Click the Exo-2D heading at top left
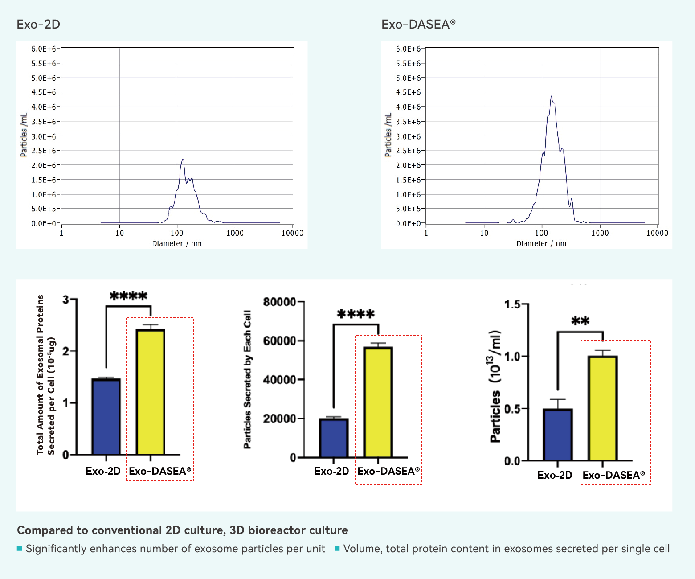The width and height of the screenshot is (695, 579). click(38, 24)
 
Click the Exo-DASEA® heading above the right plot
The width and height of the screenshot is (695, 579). click(418, 24)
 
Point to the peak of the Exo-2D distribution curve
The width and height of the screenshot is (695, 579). click(183, 160)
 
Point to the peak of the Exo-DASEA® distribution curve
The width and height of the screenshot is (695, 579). click(552, 96)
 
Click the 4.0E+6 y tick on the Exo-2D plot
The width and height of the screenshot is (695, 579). click(43, 107)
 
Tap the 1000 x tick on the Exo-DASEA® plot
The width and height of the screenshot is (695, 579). click(600, 233)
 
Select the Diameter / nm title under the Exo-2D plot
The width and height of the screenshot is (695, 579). click(177, 243)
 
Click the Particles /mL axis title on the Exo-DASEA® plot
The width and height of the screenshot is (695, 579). click(388, 135)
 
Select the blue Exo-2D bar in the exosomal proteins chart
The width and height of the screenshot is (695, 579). click(106, 417)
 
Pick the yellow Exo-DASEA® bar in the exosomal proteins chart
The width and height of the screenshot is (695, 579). click(151, 392)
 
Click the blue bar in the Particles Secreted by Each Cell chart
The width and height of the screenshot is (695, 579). click(334, 438)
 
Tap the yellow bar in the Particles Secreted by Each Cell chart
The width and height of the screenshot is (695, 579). click(378, 402)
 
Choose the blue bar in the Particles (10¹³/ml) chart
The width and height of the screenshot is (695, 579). click(558, 435)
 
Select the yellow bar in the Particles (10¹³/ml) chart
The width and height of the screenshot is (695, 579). click(603, 408)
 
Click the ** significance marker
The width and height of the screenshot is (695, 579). click(580, 321)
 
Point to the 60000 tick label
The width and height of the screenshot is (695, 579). click(279, 341)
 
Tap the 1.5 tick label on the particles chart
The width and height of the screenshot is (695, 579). click(512, 305)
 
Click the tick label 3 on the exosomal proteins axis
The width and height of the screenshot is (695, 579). click(66, 300)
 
